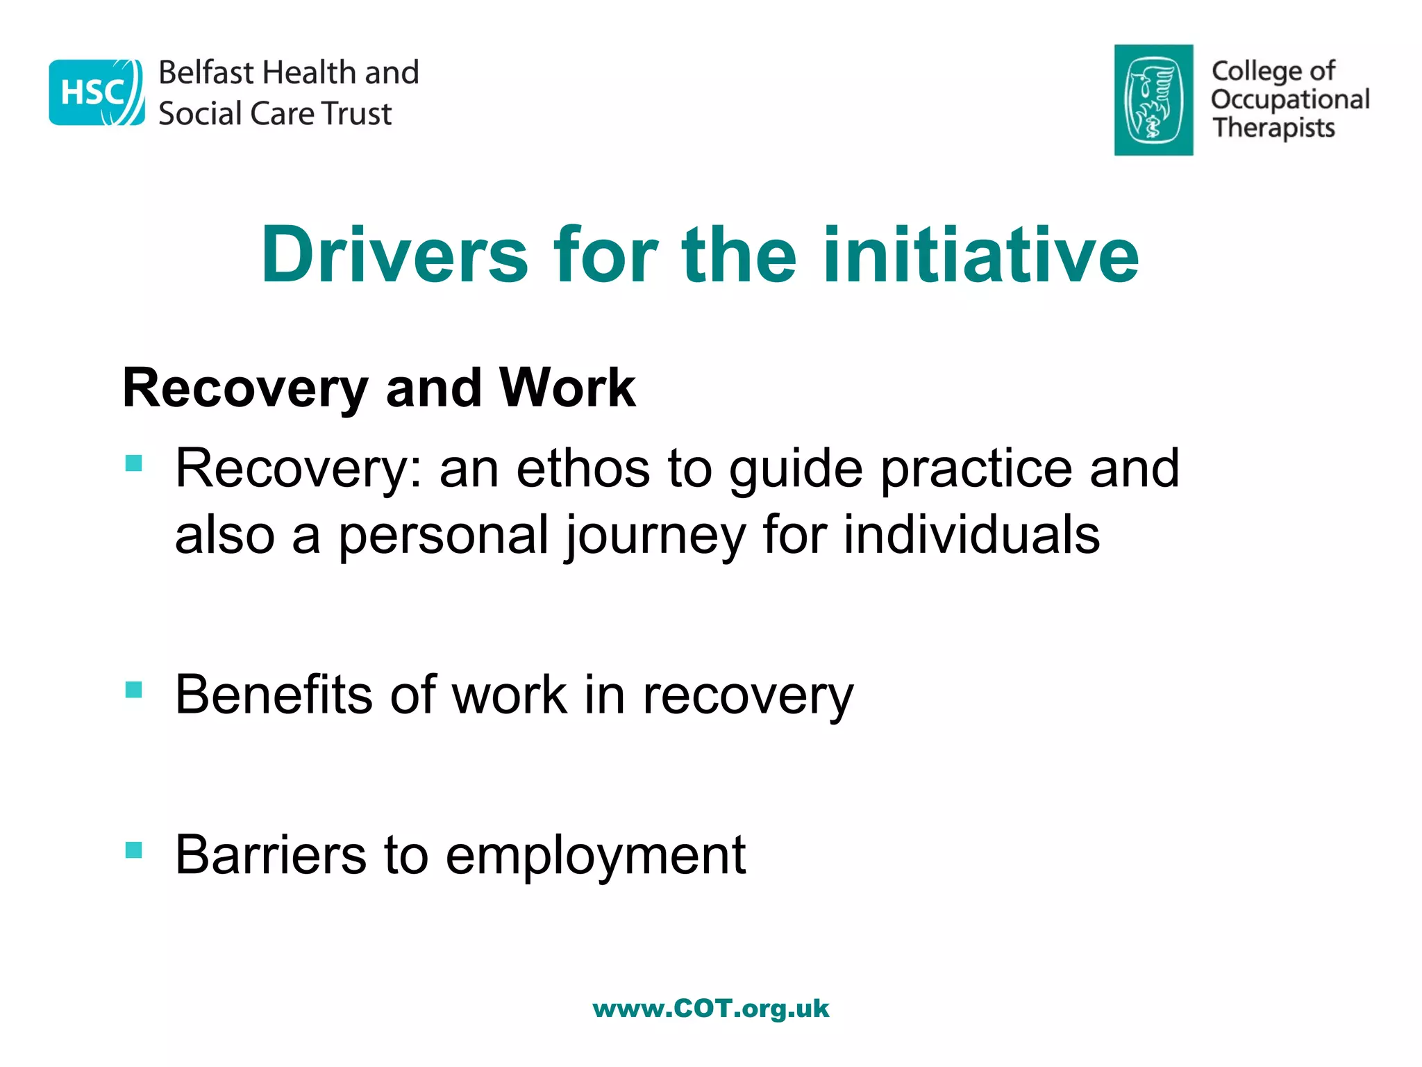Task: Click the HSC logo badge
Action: [97, 92]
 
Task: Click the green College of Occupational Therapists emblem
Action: [1153, 100]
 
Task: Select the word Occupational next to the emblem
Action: [1290, 99]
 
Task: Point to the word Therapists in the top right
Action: [1273, 128]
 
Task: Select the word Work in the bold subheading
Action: [567, 388]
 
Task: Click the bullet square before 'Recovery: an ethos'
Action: [134, 463]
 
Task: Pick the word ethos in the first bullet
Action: [583, 468]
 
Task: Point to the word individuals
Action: [971, 535]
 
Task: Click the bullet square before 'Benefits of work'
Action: [134, 690]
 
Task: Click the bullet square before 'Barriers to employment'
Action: [134, 850]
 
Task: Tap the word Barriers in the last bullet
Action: [271, 854]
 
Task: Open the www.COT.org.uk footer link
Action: [710, 1009]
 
